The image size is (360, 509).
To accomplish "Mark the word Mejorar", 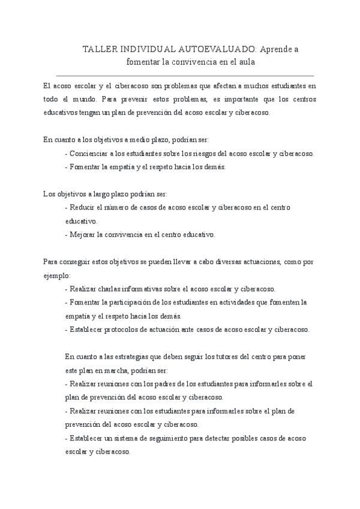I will point(83,234).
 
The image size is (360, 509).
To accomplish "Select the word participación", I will point(134,302).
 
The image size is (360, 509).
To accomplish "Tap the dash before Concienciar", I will point(65,153).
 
